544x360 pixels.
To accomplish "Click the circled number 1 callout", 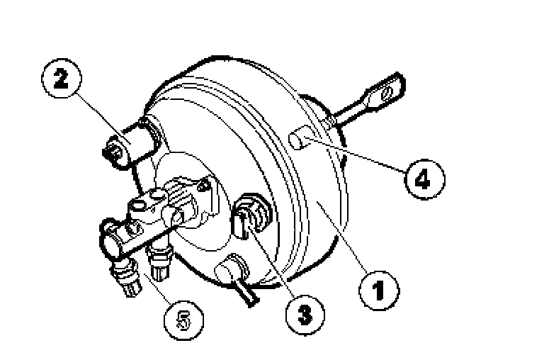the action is (379, 291).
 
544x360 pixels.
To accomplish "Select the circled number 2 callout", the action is (62, 79).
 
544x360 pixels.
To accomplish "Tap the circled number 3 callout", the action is (305, 315).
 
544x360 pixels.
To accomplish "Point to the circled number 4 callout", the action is (424, 179).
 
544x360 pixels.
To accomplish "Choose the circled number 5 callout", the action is (183, 320).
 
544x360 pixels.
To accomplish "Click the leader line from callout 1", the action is (342, 238).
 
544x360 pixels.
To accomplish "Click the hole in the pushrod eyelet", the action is (387, 94).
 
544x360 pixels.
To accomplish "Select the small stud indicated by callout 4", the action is (299, 138).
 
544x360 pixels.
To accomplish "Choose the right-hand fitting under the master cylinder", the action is (159, 261).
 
